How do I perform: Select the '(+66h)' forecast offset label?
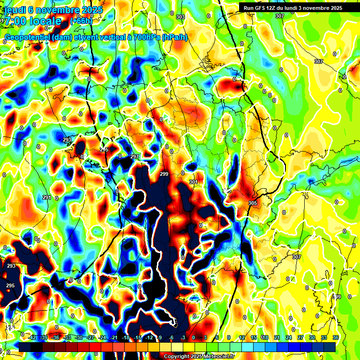tap(81, 21)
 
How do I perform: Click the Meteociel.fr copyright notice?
tap(199, 356)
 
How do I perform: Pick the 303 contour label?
tap(180, 17)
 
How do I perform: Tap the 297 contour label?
tap(135, 157)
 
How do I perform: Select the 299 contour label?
tap(164, 174)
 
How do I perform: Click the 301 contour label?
tap(194, 182)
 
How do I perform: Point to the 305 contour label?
tap(253, 202)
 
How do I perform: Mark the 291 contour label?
tap(47, 197)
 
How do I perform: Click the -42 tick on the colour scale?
tap(32, 337)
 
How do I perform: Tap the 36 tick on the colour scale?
tap(335, 337)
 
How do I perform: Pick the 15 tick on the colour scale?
tap(254, 337)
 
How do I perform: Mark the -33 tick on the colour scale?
tap(67, 337)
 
